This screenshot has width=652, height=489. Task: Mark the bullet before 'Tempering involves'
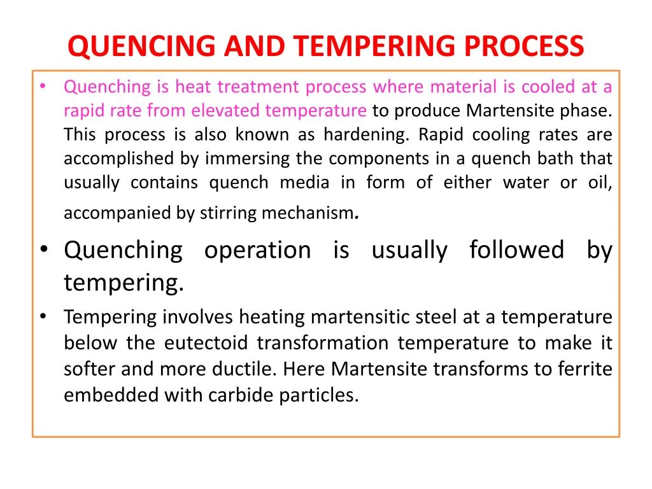[x=42, y=316]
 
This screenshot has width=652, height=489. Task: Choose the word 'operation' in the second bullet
[x=257, y=250]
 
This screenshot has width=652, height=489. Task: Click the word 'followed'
[x=516, y=250]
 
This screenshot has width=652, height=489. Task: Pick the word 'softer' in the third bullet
[x=88, y=369]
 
